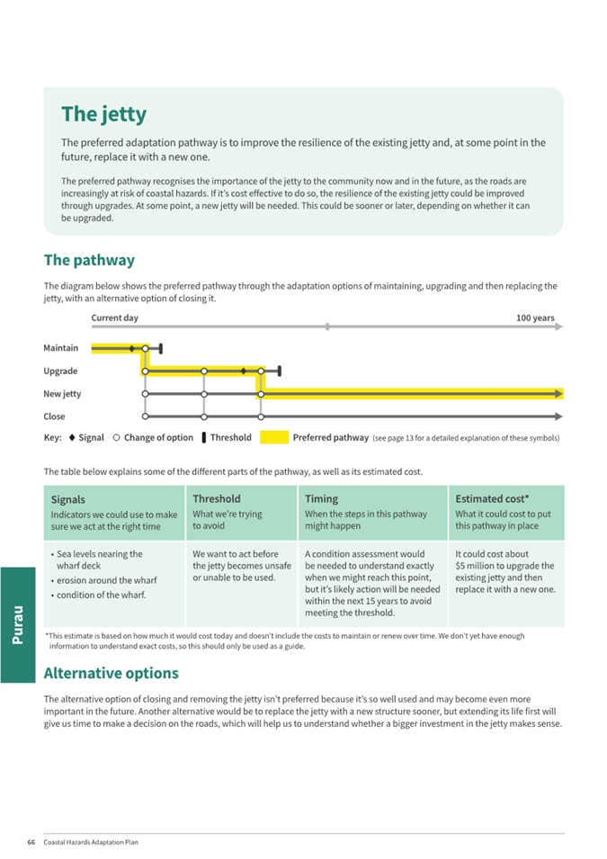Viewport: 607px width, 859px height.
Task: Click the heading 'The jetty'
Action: (x=103, y=115)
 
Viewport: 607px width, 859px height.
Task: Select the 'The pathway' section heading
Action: (x=89, y=260)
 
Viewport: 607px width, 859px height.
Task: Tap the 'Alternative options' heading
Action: (x=111, y=673)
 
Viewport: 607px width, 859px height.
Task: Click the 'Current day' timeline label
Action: (x=114, y=318)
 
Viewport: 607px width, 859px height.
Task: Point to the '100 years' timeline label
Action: (x=535, y=318)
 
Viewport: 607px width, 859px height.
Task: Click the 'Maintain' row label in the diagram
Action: (x=60, y=348)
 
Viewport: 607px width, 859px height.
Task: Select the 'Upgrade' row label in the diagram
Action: (x=60, y=371)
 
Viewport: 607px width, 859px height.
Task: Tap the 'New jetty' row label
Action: (x=62, y=394)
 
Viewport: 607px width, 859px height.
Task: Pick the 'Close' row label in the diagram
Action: (x=54, y=416)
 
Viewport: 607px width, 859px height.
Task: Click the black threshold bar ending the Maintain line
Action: (x=160, y=348)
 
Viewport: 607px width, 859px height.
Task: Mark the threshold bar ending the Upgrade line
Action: (x=280, y=371)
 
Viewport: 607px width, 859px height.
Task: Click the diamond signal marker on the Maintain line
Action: (x=131, y=348)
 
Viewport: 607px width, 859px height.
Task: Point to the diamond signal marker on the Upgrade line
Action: (x=244, y=371)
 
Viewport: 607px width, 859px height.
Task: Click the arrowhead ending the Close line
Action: (x=558, y=416)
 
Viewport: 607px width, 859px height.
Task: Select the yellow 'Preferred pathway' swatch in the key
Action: (x=274, y=438)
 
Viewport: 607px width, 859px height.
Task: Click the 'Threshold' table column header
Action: (x=216, y=498)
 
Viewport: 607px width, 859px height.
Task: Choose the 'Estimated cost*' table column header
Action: (x=492, y=498)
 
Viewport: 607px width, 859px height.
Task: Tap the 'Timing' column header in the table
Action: (x=321, y=498)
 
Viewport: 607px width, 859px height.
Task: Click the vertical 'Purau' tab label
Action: (x=18, y=624)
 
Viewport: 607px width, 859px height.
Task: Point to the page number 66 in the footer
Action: (x=31, y=843)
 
